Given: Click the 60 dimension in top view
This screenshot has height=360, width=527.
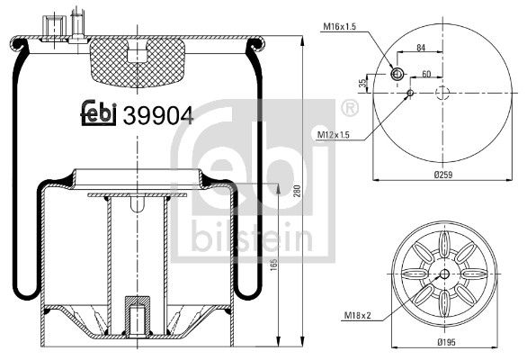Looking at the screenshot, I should coord(426,74).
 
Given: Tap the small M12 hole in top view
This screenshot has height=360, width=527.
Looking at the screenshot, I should coord(409,92).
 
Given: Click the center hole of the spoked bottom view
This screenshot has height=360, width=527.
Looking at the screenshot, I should coord(443,274).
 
